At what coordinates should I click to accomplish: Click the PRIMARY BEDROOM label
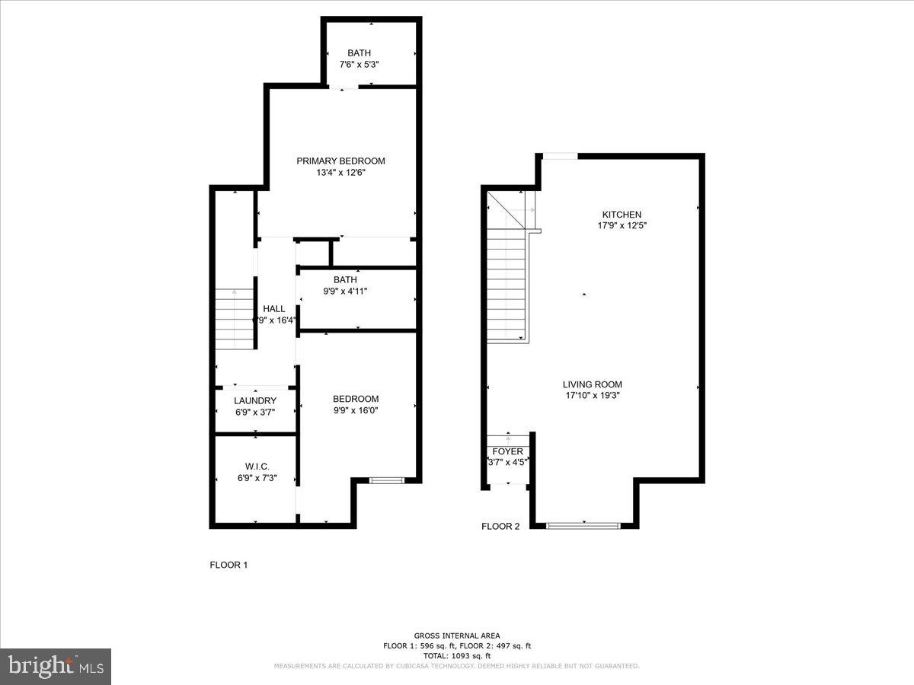tap(340, 161)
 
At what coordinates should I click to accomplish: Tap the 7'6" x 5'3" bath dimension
tap(359, 65)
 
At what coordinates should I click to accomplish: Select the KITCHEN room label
tap(622, 215)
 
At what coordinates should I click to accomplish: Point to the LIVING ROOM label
tap(592, 384)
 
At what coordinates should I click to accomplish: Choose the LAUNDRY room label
tap(255, 400)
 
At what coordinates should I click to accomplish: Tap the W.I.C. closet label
tap(257, 467)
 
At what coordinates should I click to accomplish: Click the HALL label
tap(274, 308)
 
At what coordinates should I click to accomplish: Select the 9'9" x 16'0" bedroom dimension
tap(356, 410)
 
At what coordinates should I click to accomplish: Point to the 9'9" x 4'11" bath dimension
tap(345, 291)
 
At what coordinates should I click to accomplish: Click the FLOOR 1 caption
tap(228, 565)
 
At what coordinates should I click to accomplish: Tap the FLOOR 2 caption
tap(500, 526)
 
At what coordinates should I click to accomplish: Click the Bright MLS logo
tap(56, 667)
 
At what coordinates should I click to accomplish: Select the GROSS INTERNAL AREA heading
tap(457, 636)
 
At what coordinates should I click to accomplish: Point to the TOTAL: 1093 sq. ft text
tap(457, 655)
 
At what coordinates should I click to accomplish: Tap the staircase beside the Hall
tap(233, 318)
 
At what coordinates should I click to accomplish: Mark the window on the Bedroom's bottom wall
tap(386, 480)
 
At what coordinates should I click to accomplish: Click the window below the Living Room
tap(584, 525)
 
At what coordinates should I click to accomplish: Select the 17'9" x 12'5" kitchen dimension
tap(622, 225)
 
